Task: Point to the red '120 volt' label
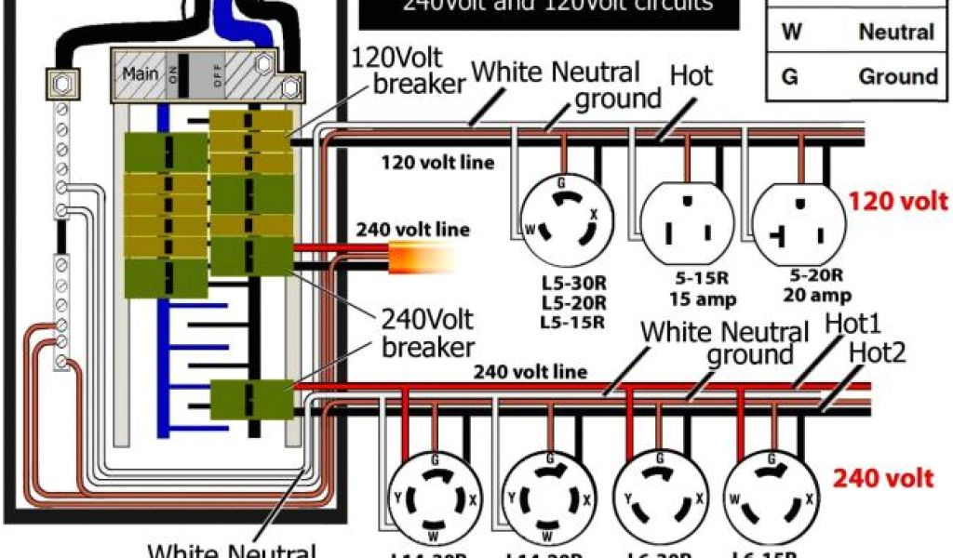coord(898,201)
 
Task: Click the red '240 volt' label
coord(882,478)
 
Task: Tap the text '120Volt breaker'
coord(407,70)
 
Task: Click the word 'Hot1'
coord(854,324)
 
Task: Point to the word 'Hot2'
coord(878,352)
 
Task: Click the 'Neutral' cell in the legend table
coord(895,33)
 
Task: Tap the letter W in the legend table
coord(790,33)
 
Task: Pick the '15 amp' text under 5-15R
coord(690,299)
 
